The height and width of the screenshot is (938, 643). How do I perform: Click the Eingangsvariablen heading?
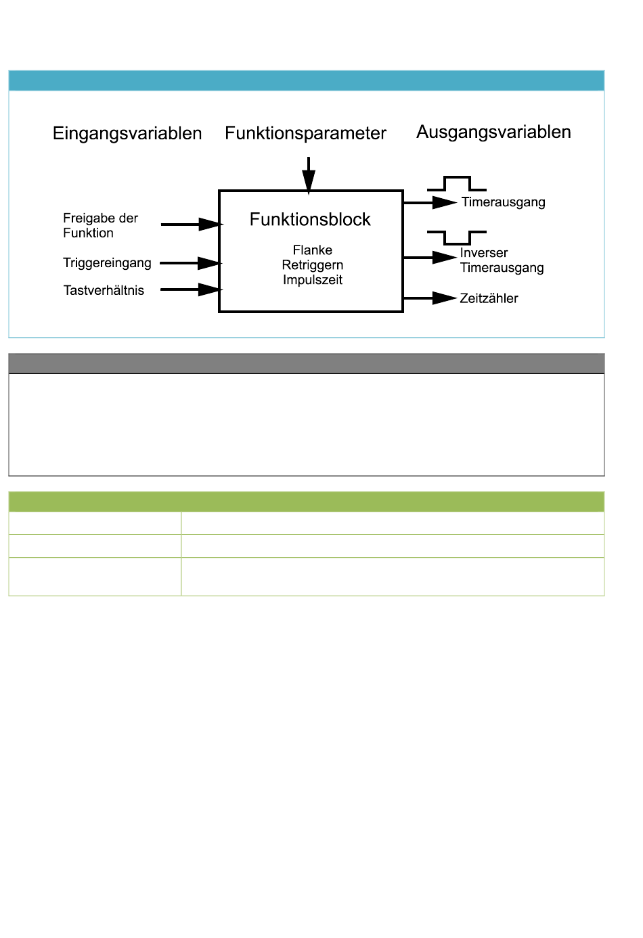tap(127, 134)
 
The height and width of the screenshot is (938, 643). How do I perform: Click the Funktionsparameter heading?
tap(305, 133)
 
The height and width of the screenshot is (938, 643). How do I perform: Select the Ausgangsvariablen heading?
tap(493, 132)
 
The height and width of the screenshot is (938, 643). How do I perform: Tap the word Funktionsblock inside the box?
tap(310, 219)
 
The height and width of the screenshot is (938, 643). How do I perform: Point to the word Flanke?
tap(313, 250)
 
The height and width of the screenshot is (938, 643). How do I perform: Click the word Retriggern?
tap(313, 265)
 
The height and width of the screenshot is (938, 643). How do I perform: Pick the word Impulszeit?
tap(313, 280)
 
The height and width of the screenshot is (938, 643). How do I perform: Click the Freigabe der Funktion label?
tap(101, 225)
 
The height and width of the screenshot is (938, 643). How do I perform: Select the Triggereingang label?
tap(108, 263)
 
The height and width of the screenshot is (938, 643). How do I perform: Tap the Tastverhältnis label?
tap(104, 290)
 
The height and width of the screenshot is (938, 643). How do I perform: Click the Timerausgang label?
tap(504, 202)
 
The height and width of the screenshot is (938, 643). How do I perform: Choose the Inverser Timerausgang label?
tap(502, 260)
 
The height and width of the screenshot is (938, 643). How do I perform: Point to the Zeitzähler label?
tap(489, 298)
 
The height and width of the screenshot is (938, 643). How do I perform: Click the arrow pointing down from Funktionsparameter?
tap(309, 175)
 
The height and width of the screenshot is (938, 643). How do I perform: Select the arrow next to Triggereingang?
tap(191, 263)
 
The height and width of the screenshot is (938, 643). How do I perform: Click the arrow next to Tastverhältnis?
tap(192, 289)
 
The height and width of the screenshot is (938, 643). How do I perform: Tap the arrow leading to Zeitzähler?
tap(430, 298)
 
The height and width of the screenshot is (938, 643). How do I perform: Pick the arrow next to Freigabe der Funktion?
tap(192, 225)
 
